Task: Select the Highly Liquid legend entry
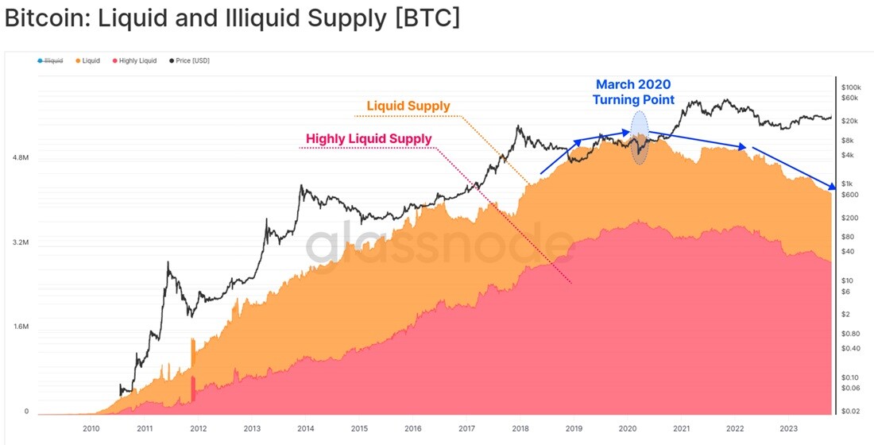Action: click(x=134, y=60)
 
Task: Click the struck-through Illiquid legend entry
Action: click(x=49, y=60)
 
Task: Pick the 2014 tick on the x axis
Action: click(x=305, y=429)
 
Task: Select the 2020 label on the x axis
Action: click(x=627, y=429)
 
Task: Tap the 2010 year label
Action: click(x=91, y=429)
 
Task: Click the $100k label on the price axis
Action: click(x=851, y=88)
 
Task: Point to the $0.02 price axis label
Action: click(x=850, y=412)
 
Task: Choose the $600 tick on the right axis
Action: click(x=849, y=195)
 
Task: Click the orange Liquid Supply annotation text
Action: click(x=408, y=106)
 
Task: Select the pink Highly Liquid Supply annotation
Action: click(x=369, y=138)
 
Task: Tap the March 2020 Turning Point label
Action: click(x=633, y=92)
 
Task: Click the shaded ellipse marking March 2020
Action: click(x=640, y=137)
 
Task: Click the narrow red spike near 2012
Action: click(x=193, y=389)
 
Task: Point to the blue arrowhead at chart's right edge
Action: click(x=832, y=186)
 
